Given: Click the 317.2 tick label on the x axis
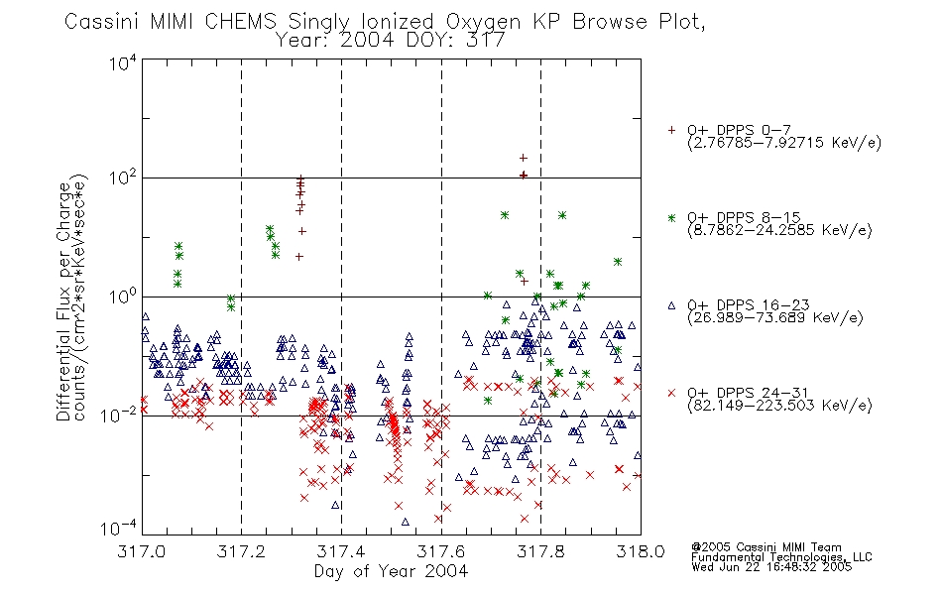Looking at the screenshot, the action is [x=241, y=551].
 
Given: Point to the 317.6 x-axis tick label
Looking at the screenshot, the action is [x=441, y=551].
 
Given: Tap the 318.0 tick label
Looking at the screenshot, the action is [x=641, y=551].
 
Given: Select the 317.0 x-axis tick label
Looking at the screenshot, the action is [x=141, y=551].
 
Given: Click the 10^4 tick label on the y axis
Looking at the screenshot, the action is [x=123, y=63].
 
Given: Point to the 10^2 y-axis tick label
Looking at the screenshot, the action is [x=123, y=178].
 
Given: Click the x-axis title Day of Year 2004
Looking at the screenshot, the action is [x=391, y=571].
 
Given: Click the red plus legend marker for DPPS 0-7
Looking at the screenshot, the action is [x=671, y=130].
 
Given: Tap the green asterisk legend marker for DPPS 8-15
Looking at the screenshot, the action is [x=671, y=217].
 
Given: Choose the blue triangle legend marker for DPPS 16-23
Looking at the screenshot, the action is [x=671, y=305].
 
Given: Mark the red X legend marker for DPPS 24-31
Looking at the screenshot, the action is [x=671, y=393].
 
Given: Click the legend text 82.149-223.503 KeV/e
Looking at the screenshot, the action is [x=779, y=406].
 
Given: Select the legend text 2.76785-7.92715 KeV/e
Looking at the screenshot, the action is [x=784, y=143].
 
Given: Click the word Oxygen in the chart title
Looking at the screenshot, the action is [x=483, y=22].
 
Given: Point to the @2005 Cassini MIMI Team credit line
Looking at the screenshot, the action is [x=766, y=547].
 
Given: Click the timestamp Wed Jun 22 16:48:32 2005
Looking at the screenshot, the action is [x=771, y=567].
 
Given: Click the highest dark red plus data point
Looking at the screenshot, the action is [x=524, y=158].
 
